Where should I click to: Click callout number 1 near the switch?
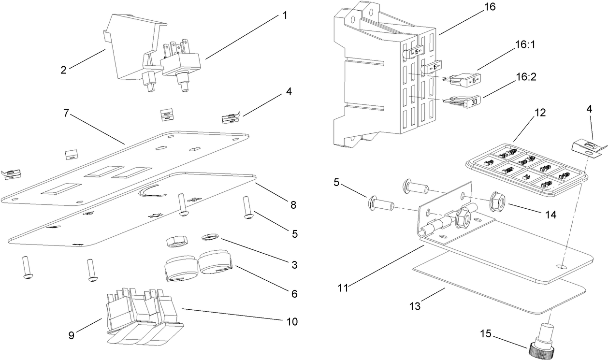click(285, 15)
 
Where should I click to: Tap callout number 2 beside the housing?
click(63, 70)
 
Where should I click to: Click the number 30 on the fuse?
click(474, 102)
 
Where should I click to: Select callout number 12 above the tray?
click(540, 113)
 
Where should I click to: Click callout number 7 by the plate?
click(68, 114)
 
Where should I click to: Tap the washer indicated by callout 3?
click(210, 237)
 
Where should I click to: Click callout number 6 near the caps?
click(293, 293)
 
